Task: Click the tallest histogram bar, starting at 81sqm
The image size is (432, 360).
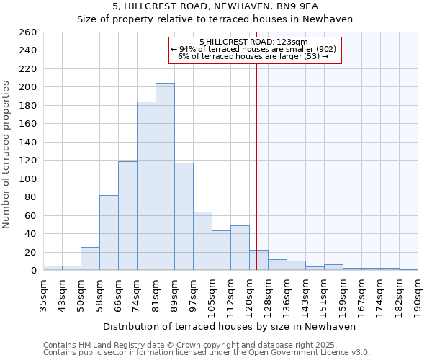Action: click(x=165, y=177)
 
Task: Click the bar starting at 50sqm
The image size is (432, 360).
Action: click(x=90, y=258)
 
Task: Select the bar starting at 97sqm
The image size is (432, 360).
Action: click(x=202, y=241)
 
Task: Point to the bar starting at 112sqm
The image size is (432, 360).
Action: click(x=240, y=248)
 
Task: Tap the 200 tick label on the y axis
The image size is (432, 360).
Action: click(x=28, y=87)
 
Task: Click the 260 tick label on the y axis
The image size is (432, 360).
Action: click(x=28, y=32)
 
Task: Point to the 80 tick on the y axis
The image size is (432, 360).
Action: click(x=31, y=197)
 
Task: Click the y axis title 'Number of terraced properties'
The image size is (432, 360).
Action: click(x=6, y=155)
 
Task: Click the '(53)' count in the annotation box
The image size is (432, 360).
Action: click(x=311, y=56)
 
